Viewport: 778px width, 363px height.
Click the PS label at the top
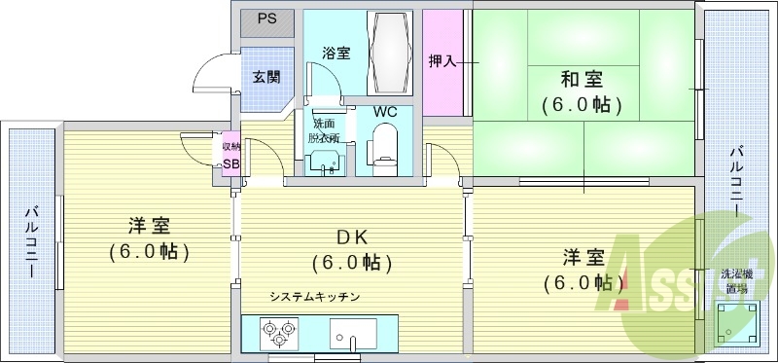point(265,19)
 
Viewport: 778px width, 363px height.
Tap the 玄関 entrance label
point(265,76)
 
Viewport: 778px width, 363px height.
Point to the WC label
point(386,111)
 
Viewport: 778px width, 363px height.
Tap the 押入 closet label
point(443,61)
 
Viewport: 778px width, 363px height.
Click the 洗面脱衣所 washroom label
point(324,130)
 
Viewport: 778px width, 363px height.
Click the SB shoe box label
point(230,163)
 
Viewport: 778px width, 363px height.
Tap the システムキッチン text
point(316,296)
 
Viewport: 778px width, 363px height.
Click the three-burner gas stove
point(278,336)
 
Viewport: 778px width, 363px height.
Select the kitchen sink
point(351,337)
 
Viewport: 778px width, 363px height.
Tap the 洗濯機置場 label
point(733,281)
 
